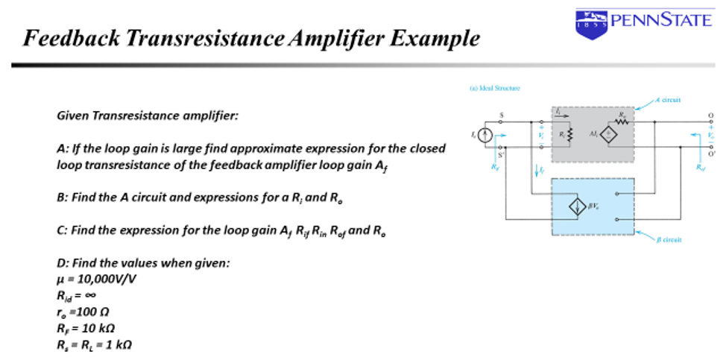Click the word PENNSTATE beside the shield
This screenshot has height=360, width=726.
pyautogui.click(x=661, y=19)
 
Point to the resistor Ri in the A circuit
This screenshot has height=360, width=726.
pyautogui.click(x=569, y=135)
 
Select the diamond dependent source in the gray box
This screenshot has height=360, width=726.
pyautogui.click(x=610, y=135)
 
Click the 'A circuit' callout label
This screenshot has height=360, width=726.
pyautogui.click(x=667, y=99)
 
